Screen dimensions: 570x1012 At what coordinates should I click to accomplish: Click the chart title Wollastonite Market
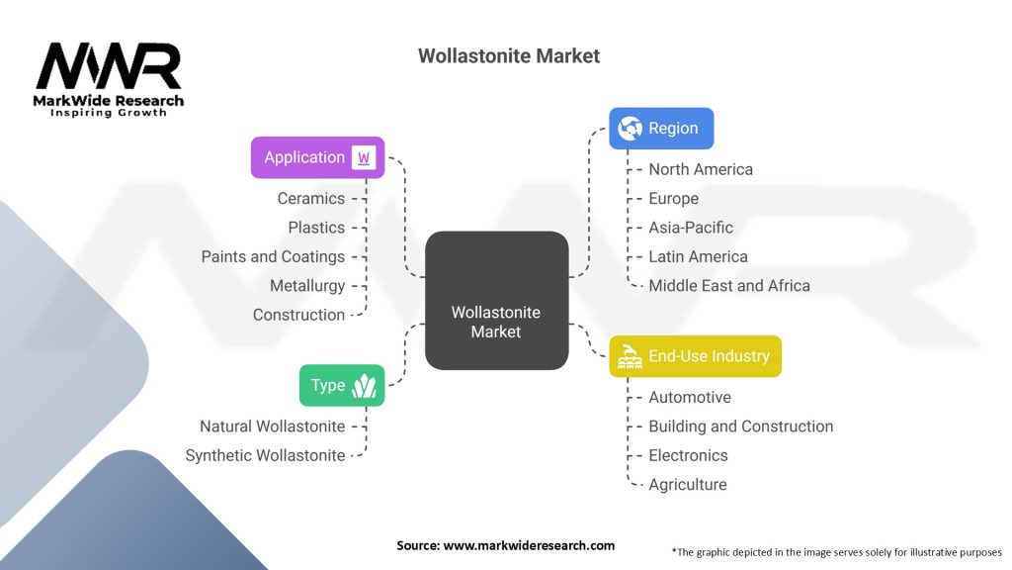(x=508, y=56)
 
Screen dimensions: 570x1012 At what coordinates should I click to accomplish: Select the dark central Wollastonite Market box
(x=496, y=301)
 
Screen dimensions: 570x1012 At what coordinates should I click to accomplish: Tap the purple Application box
(x=316, y=157)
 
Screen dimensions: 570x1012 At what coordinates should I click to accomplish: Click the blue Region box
(x=660, y=129)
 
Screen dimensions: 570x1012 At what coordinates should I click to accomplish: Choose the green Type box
(x=341, y=385)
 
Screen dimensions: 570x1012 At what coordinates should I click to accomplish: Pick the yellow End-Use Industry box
(x=695, y=356)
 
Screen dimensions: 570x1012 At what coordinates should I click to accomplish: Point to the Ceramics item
(x=311, y=198)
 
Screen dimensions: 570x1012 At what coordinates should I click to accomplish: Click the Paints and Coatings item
(x=273, y=256)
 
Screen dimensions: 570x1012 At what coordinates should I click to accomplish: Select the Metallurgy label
(x=307, y=286)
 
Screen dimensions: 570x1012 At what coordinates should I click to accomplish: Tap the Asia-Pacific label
(x=691, y=228)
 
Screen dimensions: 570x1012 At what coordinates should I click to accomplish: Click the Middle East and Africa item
(x=729, y=286)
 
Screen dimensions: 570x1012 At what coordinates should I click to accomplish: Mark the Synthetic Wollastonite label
(x=266, y=455)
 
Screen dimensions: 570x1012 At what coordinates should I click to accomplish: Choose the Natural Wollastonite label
(x=273, y=427)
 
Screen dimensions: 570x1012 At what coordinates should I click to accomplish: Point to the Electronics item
(x=688, y=455)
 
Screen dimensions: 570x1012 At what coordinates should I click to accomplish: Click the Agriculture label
(x=687, y=485)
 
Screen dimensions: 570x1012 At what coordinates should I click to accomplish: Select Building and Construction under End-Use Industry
(x=740, y=427)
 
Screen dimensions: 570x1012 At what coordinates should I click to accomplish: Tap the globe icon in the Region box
(x=630, y=129)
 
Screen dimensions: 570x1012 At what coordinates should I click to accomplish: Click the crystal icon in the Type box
(x=364, y=385)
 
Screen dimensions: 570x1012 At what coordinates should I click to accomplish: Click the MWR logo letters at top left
(x=109, y=67)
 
